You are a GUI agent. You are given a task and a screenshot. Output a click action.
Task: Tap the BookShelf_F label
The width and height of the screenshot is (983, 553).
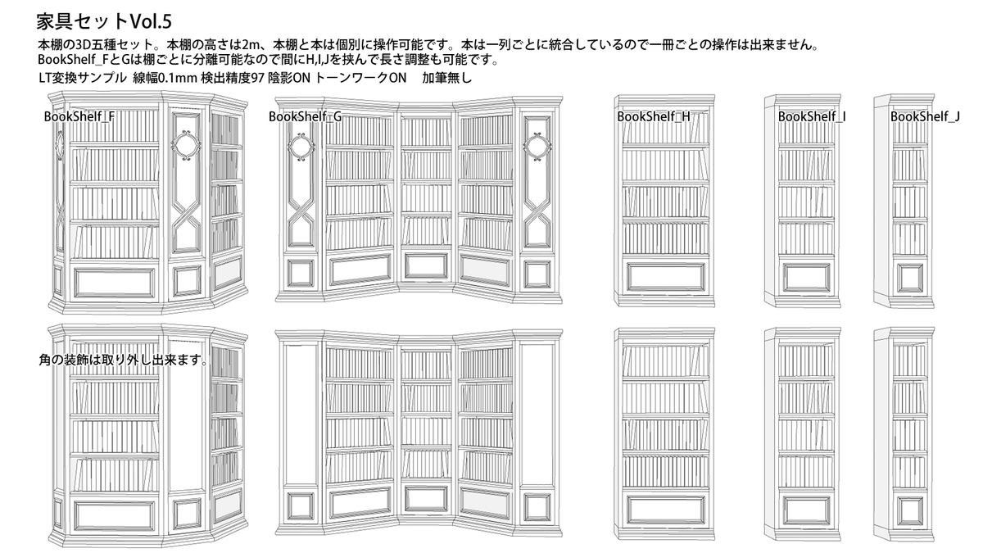click(79, 116)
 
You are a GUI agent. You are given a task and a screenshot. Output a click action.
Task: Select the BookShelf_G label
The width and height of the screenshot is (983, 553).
click(305, 116)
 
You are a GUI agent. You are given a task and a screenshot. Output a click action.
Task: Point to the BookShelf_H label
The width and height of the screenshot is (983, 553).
click(653, 116)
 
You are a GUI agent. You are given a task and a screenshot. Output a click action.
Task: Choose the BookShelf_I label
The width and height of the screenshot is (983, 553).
click(812, 116)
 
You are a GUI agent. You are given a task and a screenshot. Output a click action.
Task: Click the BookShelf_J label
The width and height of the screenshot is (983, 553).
click(925, 116)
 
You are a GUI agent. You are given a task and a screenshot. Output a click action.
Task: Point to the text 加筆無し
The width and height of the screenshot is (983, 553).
click(447, 79)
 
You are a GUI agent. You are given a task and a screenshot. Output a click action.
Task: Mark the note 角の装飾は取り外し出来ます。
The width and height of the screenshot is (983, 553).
click(123, 359)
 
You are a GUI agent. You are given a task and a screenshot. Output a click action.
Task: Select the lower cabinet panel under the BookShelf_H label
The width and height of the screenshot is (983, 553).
click(664, 277)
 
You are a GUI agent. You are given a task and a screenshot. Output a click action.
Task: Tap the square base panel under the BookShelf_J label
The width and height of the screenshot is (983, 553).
click(909, 277)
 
